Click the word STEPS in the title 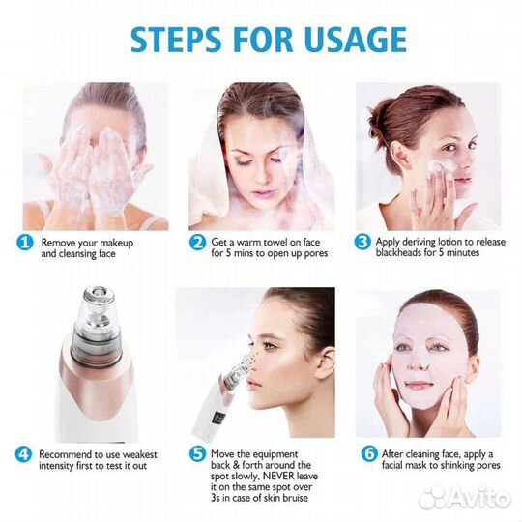(x=176, y=40)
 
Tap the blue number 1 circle (x=24, y=243)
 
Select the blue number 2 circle (x=198, y=243)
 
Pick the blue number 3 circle (x=362, y=242)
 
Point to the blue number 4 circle (x=23, y=454)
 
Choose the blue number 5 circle (x=198, y=454)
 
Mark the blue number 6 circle (x=369, y=453)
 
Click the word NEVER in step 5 (x=278, y=476)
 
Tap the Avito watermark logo (x=465, y=499)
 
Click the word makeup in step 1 (x=116, y=243)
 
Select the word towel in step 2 (x=275, y=242)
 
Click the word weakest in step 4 (x=138, y=454)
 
